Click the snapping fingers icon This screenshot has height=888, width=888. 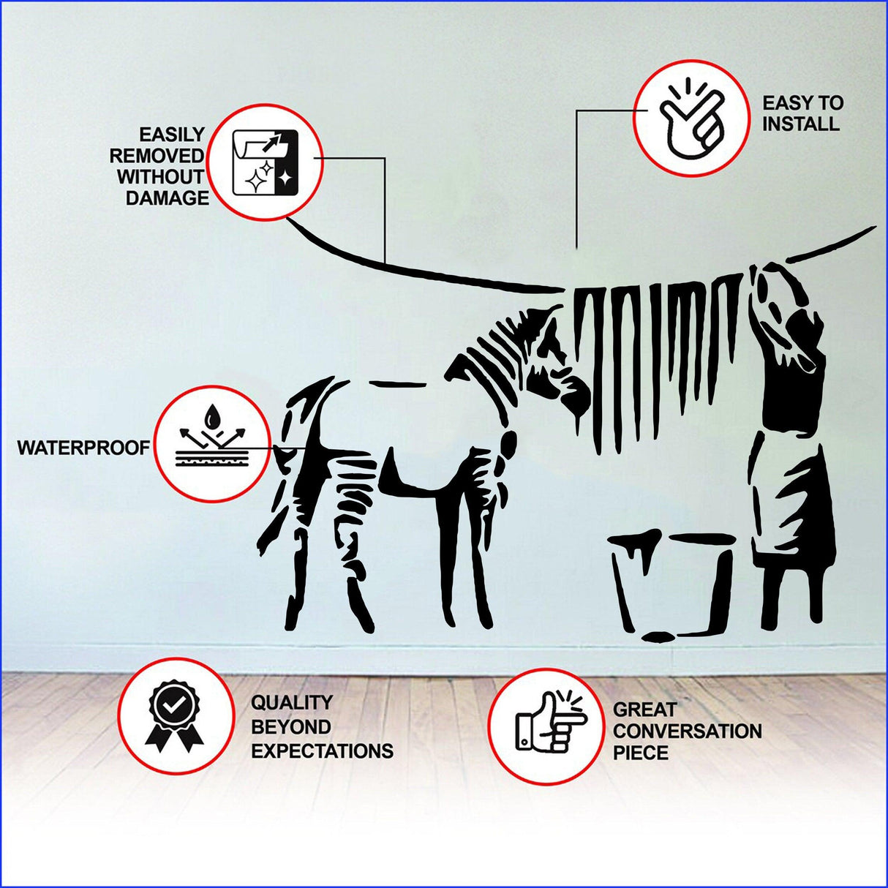(x=691, y=118)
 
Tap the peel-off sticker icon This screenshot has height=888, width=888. (x=264, y=162)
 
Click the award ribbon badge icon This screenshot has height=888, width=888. (x=175, y=716)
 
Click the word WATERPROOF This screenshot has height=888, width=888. (x=83, y=448)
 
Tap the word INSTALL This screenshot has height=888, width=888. (x=800, y=124)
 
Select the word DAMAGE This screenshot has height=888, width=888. (x=167, y=198)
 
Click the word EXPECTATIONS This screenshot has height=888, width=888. (x=322, y=751)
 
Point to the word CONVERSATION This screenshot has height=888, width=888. (x=687, y=731)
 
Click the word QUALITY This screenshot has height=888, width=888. (x=292, y=703)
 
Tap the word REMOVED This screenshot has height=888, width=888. (x=157, y=156)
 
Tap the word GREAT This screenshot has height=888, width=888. (x=644, y=710)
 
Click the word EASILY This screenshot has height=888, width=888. (x=172, y=135)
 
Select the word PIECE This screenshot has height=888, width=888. (x=640, y=753)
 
